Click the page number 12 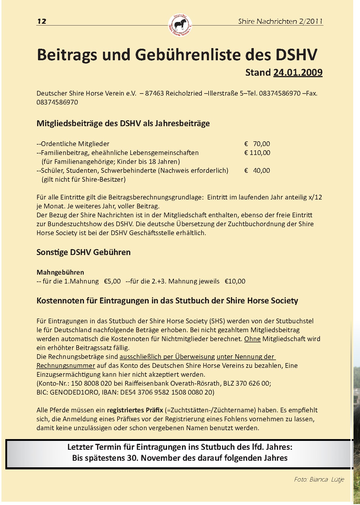tap(42, 21)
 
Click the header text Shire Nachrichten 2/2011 tap(280, 21)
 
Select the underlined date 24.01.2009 tap(298, 72)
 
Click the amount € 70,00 tap(257, 144)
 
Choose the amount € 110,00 tap(257, 153)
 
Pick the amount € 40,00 tap(257, 171)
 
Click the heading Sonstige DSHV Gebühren tap(83, 252)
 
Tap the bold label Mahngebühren tap(60, 272)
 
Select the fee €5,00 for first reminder tap(112, 281)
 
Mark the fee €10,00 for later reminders tap(235, 281)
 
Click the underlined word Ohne tap(252, 339)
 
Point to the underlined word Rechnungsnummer tap(66, 365)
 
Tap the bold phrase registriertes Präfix tap(135, 410)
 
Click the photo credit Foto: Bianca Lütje tap(319, 479)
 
